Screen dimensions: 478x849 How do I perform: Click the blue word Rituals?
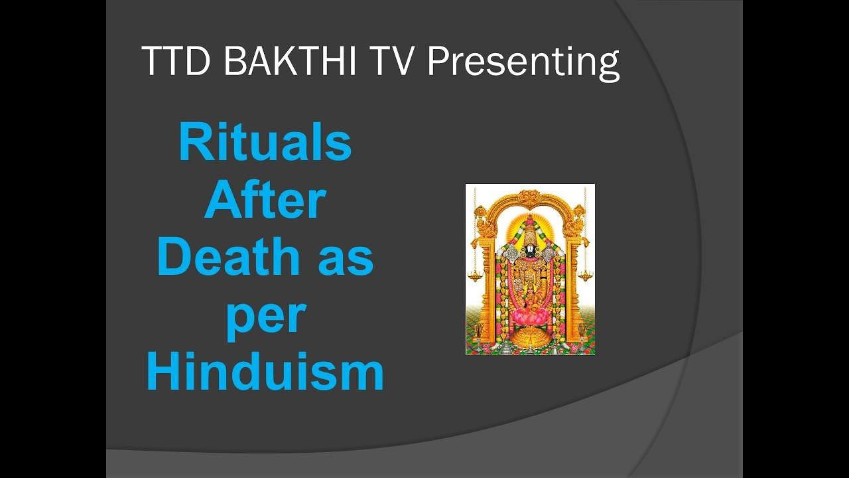point(265,143)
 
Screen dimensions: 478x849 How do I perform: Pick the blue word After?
point(265,201)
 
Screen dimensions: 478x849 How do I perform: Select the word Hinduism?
point(265,373)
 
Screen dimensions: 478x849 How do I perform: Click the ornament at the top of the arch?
point(529,198)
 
